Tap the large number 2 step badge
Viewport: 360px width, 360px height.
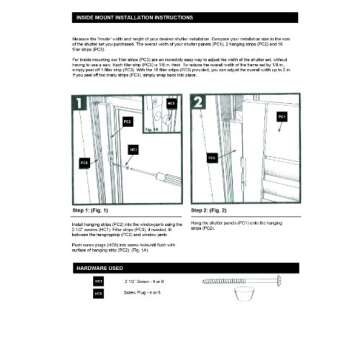coord(199,103)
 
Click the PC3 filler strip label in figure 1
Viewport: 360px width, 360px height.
coord(84,162)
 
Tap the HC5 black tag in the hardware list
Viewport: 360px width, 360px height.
coord(98,294)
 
